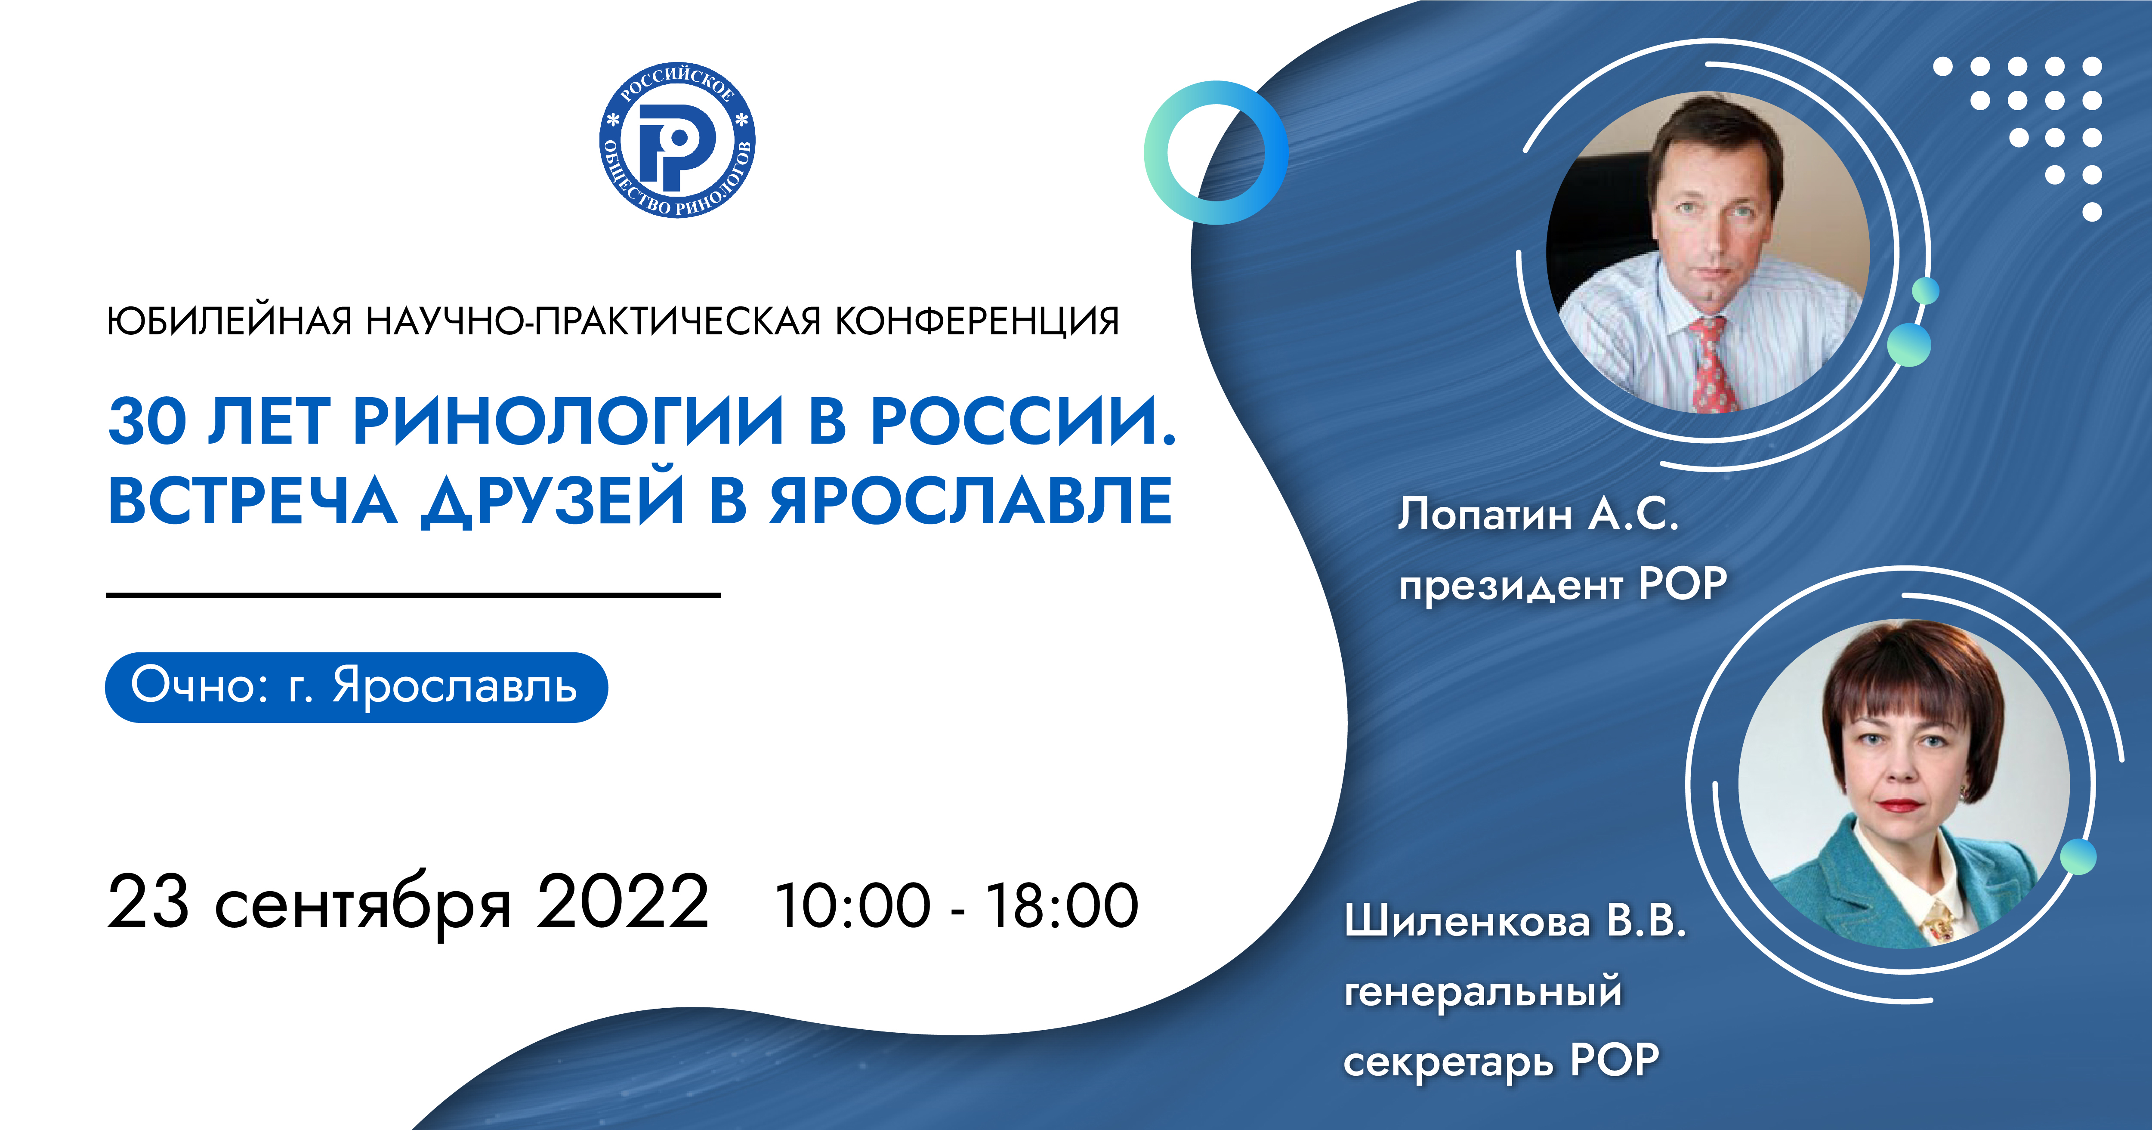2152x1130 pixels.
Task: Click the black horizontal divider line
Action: tap(414, 595)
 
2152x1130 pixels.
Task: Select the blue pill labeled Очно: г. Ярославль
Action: tap(356, 686)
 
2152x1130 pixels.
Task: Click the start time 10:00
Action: tap(852, 905)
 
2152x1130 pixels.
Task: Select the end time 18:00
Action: tap(1062, 905)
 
